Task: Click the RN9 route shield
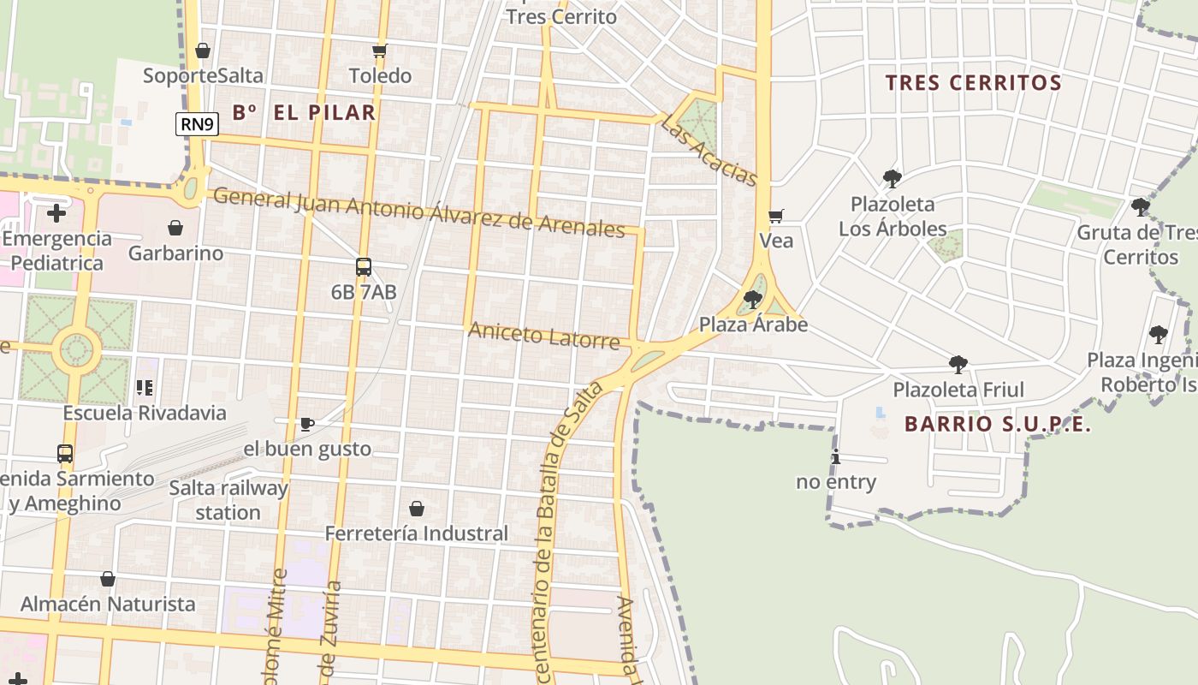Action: point(198,124)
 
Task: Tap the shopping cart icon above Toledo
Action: point(380,51)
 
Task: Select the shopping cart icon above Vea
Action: point(776,216)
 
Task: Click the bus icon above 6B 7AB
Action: point(364,266)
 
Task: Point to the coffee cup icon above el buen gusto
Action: point(307,423)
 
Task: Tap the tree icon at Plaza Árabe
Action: point(753,299)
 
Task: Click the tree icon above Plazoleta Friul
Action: point(958,365)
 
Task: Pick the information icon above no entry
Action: point(836,456)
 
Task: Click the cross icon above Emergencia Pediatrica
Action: point(56,212)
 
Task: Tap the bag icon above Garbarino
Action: point(175,228)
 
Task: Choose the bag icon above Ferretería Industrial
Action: point(417,509)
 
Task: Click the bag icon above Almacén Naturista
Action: point(108,579)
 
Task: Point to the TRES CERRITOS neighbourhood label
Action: point(973,83)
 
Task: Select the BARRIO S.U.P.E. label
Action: point(998,424)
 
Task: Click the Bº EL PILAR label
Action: point(304,112)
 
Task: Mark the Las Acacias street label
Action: point(709,151)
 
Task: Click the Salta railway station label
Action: point(228,500)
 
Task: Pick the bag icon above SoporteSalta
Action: point(203,51)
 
